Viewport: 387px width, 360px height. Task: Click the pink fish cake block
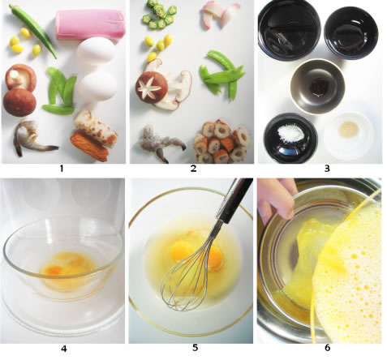coord(90,24)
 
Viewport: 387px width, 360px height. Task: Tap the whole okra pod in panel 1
coord(34,29)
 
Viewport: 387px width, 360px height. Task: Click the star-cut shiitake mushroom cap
coord(152,88)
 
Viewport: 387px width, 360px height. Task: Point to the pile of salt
coord(290,133)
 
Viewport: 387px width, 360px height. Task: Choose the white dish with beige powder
coord(349,136)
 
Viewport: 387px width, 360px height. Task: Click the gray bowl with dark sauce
coord(317,87)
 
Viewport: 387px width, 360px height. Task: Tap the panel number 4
coord(64,349)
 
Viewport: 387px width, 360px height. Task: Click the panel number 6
coord(328,348)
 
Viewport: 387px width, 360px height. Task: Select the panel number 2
coord(193,169)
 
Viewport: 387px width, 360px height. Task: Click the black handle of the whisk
coord(233,199)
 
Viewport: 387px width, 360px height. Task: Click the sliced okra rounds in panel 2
coord(159,15)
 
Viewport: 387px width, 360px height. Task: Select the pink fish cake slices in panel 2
coord(220,14)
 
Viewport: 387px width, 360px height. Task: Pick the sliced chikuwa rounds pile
coord(222,140)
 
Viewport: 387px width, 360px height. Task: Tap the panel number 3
coord(327,169)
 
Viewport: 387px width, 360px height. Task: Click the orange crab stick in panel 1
coord(89,146)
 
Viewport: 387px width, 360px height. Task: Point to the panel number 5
coord(196,348)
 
